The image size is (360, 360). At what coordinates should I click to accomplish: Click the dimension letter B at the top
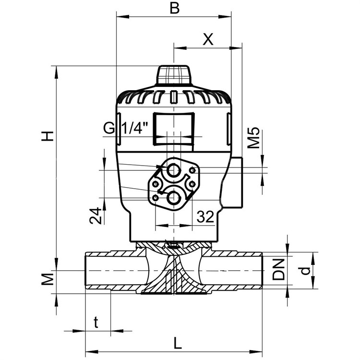pyautogui.click(x=174, y=9)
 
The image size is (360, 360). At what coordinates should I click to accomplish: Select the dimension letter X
pyautogui.click(x=208, y=39)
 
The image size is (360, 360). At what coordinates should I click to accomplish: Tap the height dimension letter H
pyautogui.click(x=48, y=136)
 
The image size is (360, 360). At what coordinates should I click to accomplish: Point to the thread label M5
pyautogui.click(x=253, y=138)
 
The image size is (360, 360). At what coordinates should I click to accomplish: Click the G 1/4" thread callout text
pyautogui.click(x=125, y=128)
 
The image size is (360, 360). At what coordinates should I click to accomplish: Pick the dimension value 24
pyautogui.click(x=96, y=216)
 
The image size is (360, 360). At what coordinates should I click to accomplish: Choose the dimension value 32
pyautogui.click(x=205, y=216)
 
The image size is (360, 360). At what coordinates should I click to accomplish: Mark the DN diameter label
pyautogui.click(x=278, y=269)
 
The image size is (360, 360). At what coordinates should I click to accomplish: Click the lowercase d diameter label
pyautogui.click(x=305, y=270)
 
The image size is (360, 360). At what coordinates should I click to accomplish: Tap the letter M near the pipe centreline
pyautogui.click(x=48, y=279)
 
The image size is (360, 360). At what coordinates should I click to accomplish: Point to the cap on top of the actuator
pyautogui.click(x=174, y=75)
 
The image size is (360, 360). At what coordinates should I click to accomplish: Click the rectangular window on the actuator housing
pyautogui.click(x=174, y=129)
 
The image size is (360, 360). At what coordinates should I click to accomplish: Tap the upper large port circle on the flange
pyautogui.click(x=173, y=170)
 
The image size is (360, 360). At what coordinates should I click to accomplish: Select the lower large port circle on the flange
pyautogui.click(x=174, y=198)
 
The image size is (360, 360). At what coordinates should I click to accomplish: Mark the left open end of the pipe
pyautogui.click(x=86, y=271)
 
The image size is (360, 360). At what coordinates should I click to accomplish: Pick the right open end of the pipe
pyautogui.click(x=262, y=271)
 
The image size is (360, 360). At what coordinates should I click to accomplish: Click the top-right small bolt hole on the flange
pyautogui.click(x=192, y=170)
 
